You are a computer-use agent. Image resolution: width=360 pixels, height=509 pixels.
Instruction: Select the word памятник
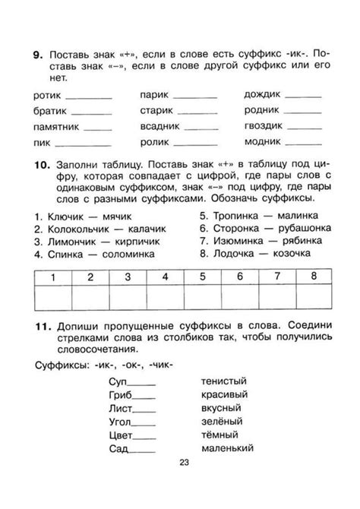pyautogui.click(x=58, y=127)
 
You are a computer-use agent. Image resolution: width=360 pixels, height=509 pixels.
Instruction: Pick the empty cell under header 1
pyautogui.click(x=54, y=299)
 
